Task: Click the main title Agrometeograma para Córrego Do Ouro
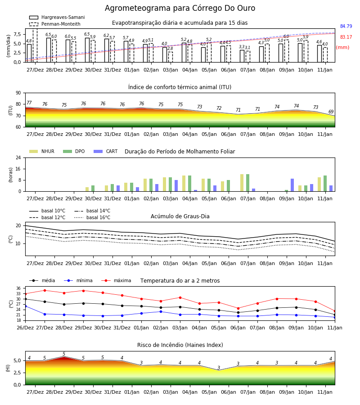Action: coord(180,8)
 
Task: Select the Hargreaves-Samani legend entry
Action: coord(57,17)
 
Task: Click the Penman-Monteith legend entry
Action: coord(55,24)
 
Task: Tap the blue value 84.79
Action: coord(346,27)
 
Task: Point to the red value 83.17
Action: coord(346,37)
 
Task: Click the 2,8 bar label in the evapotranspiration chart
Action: coord(170,49)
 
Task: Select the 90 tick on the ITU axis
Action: coord(18,93)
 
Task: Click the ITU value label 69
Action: coord(331,112)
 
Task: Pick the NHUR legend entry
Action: coord(42,151)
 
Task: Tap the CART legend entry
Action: coord(106,151)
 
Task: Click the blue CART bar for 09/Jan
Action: coord(292,185)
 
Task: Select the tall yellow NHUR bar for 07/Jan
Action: coord(242,183)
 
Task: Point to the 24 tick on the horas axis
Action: coord(18,158)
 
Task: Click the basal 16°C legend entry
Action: coord(92,218)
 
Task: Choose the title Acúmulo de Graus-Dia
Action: coord(180,216)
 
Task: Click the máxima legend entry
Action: coord(117,280)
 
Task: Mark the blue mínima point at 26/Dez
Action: coord(25,306)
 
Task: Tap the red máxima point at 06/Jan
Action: coord(238,308)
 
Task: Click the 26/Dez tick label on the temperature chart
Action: coord(25,328)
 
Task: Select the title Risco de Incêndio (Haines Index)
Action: coord(180,345)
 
